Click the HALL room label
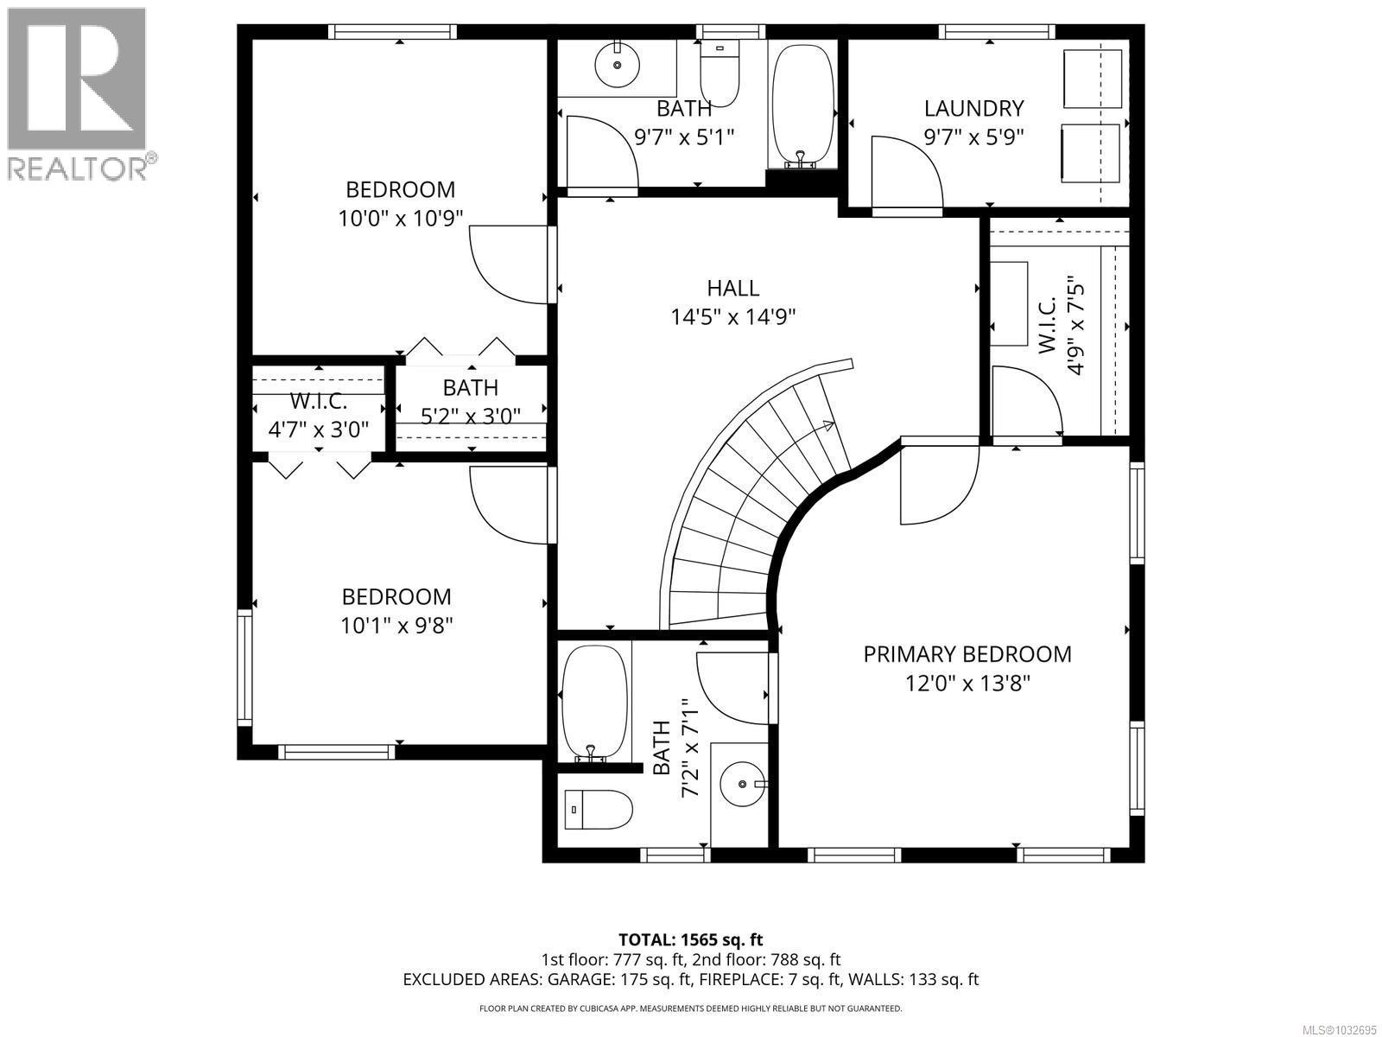click(732, 288)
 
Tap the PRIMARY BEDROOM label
click(967, 654)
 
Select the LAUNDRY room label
click(973, 109)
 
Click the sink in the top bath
click(617, 63)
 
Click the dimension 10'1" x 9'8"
click(396, 625)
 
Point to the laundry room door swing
click(905, 173)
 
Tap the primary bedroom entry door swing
click(937, 484)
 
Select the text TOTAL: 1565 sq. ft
click(690, 939)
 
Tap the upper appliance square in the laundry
click(1090, 80)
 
